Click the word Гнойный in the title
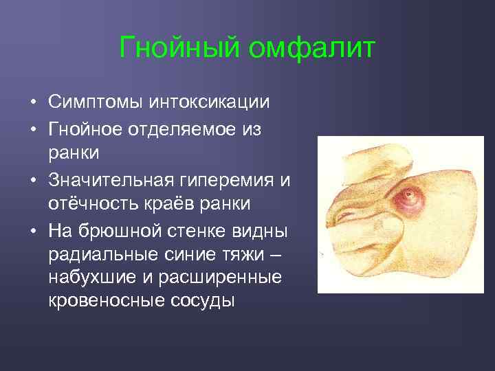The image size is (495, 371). pyautogui.click(x=179, y=48)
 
